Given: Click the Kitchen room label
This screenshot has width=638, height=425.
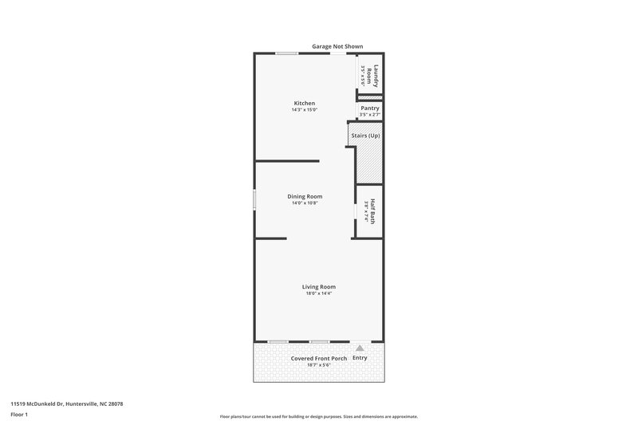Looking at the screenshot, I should (305, 103).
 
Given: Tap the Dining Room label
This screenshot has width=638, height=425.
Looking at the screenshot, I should (305, 196).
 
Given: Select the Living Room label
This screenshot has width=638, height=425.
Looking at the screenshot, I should (318, 286).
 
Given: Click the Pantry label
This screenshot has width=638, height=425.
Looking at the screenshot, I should (369, 108).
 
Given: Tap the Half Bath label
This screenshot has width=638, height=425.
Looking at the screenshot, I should (371, 211).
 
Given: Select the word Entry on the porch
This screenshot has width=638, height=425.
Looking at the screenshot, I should (360, 358).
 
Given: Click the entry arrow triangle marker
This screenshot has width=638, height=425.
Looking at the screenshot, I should (360, 348).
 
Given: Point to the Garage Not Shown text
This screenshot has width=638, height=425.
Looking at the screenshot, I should (337, 46).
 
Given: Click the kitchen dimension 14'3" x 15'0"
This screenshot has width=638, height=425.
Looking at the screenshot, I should (305, 110).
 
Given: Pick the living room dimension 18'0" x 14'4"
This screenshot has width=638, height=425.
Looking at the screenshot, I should (318, 293).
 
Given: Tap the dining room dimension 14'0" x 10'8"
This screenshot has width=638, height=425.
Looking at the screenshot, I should (305, 203).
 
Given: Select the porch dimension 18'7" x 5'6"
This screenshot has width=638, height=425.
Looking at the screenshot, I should (318, 365).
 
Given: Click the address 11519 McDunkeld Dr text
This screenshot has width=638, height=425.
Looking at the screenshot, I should (66, 403).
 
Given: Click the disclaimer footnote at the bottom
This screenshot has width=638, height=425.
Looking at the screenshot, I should (318, 416).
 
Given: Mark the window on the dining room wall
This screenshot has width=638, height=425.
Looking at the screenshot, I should (254, 199).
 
